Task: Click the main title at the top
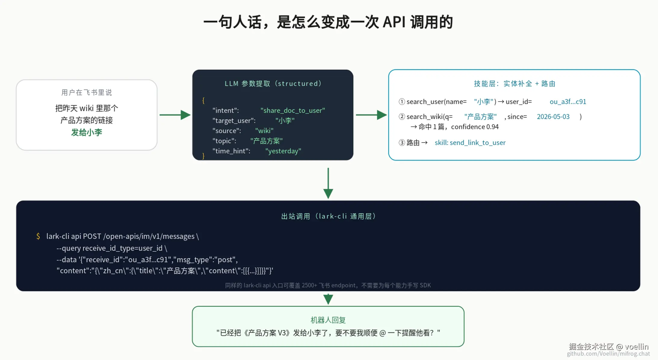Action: pyautogui.click(x=328, y=22)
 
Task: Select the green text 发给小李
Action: pyautogui.click(x=87, y=132)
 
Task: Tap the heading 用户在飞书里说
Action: pyautogui.click(x=87, y=92)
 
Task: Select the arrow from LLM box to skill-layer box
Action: pyautogui.click(x=371, y=115)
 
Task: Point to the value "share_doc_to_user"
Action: pyautogui.click(x=293, y=110)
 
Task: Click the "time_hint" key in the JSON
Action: pyautogui.click(x=231, y=151)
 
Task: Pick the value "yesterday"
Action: pyautogui.click(x=283, y=151)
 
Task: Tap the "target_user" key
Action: pyautogui.click(x=234, y=120)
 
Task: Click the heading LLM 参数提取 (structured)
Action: pyautogui.click(x=273, y=83)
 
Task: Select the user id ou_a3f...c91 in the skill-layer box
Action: pyautogui.click(x=568, y=101)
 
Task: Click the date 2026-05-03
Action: pyautogui.click(x=553, y=116)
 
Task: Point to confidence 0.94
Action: pyautogui.click(x=475, y=127)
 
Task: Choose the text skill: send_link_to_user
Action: pyautogui.click(x=470, y=142)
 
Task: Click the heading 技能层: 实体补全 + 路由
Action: pyautogui.click(x=514, y=83)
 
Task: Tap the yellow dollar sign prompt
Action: pyautogui.click(x=38, y=236)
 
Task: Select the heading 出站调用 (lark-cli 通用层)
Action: pyautogui.click(x=328, y=216)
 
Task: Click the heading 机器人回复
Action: pyautogui.click(x=328, y=320)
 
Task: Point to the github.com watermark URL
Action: pyautogui.click(x=608, y=354)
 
